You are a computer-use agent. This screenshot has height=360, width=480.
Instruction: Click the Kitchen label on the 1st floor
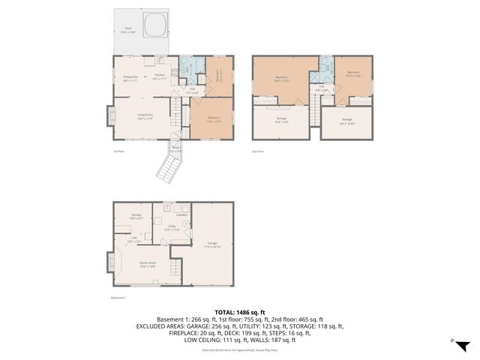pos(160,76)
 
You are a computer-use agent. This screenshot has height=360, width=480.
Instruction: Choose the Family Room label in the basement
pos(147,264)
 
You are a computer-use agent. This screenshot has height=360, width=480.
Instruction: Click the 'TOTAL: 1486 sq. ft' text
pos(240,312)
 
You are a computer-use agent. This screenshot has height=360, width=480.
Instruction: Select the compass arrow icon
pos(463,345)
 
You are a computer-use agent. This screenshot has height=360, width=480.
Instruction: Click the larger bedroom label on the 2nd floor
pos(281,79)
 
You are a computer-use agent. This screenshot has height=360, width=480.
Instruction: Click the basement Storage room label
pos(136,217)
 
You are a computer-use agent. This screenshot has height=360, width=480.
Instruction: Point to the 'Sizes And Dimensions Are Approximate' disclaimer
pos(240,349)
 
